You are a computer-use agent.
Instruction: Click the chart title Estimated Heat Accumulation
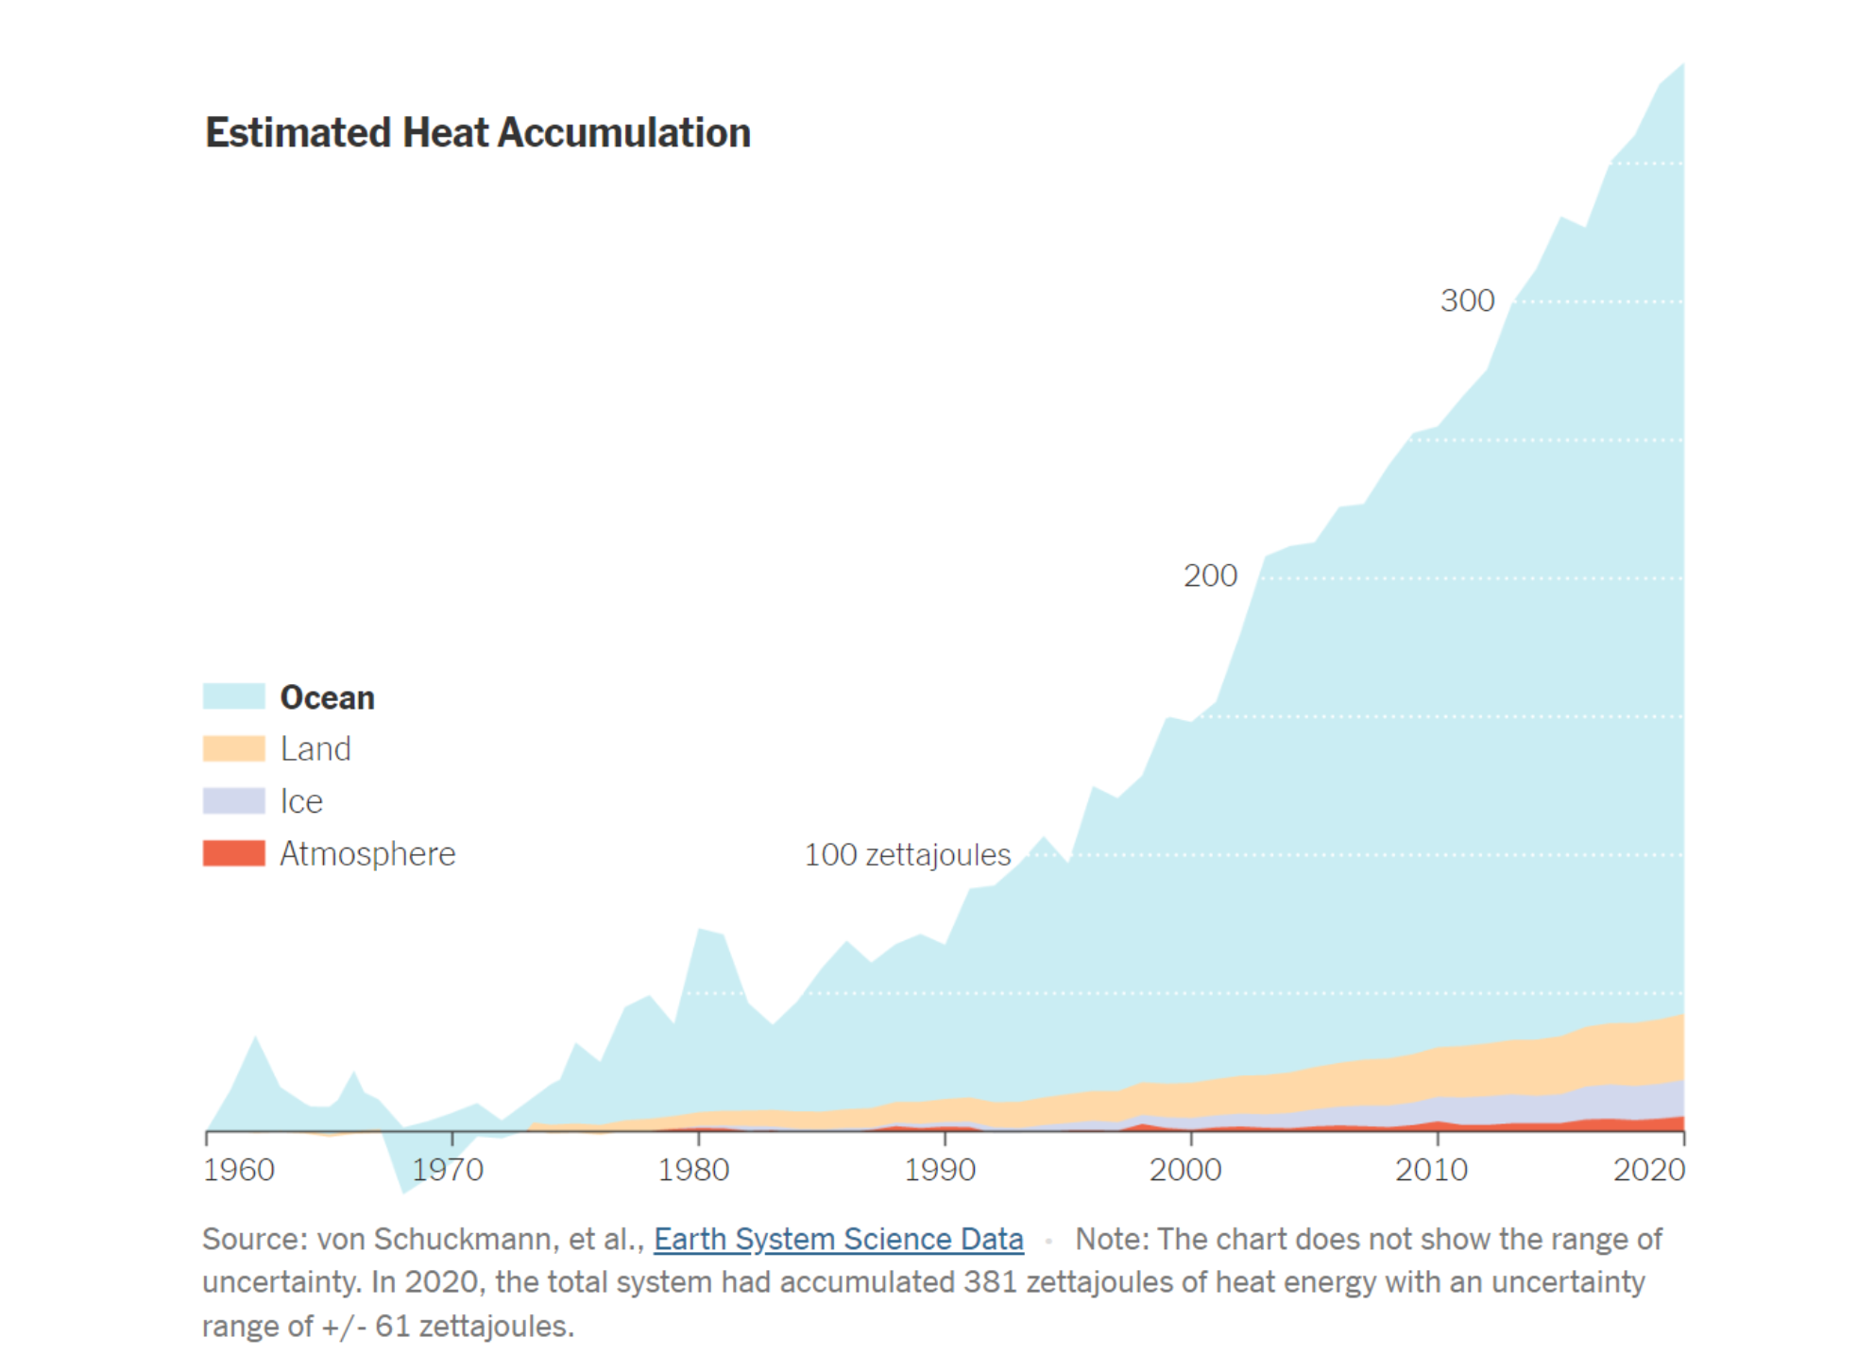coord(478,133)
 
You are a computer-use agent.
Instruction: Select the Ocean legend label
coord(327,697)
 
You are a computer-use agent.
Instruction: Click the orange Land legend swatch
coord(233,748)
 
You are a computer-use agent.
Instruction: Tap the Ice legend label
coord(301,801)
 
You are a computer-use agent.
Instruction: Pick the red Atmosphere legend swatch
coord(233,853)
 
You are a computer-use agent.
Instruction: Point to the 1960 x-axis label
coord(238,1170)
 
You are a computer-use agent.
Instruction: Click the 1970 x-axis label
coord(448,1170)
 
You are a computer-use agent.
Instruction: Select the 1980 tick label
coord(693,1170)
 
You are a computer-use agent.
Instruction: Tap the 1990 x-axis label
coord(940,1170)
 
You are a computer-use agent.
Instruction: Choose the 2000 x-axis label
coord(1185,1170)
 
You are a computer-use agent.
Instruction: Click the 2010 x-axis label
coord(1431,1170)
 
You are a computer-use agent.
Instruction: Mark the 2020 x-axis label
coord(1649,1170)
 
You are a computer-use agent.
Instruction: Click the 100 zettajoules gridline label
coord(907,855)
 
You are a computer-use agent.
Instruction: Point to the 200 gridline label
coord(1210,575)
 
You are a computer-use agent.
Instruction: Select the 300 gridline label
coord(1467,300)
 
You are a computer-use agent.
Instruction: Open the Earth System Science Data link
coord(839,1239)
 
